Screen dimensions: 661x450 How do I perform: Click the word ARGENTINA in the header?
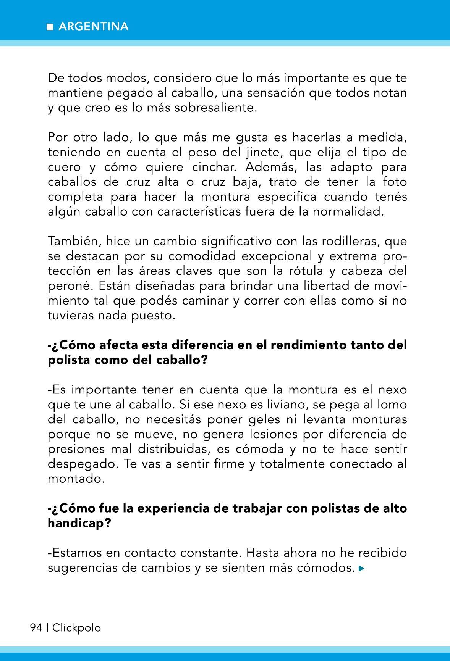[x=93, y=26]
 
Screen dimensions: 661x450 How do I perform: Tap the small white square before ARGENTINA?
[x=50, y=27]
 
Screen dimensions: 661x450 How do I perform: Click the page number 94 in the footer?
[x=36, y=628]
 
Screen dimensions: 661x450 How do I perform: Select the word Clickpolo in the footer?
[x=76, y=628]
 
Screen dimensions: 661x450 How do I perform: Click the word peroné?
[x=65, y=286]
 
